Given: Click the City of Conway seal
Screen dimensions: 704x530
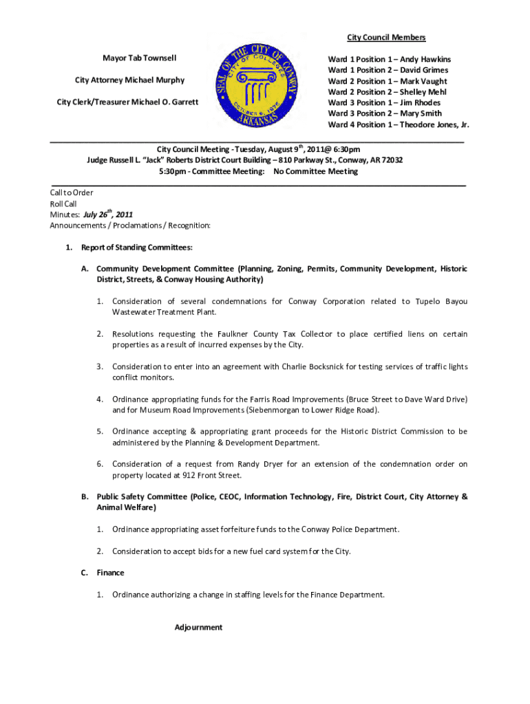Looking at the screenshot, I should pos(257,86).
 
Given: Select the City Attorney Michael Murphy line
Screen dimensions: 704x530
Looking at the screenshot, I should pos(129,80).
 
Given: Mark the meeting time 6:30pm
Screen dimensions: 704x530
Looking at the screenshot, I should pos(345,149).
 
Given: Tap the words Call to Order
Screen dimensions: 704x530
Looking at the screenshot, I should pos(72,192).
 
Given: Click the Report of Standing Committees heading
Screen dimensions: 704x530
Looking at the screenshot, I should pos(136,247).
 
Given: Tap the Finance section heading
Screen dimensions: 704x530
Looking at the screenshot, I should pos(110,572).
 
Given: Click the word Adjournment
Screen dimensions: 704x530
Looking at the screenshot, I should pos(198,627).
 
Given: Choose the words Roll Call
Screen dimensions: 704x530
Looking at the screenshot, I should pos(63,203).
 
